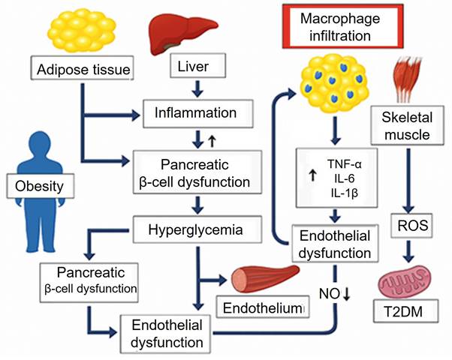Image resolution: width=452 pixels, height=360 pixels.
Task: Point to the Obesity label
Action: point(31,184)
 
